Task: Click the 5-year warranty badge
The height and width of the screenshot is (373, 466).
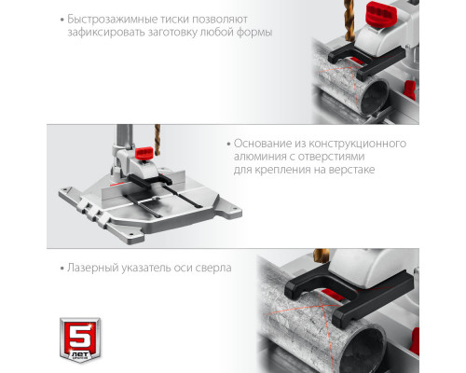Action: [x=80, y=339]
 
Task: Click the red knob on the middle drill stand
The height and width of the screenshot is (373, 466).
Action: [x=144, y=153]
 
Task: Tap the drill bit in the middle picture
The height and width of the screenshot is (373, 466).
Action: [x=158, y=140]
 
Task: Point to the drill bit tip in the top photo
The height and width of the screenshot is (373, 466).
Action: [x=350, y=41]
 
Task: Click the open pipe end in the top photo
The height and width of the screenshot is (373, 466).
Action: [x=376, y=97]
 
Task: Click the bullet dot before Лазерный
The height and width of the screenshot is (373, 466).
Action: [x=62, y=269]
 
